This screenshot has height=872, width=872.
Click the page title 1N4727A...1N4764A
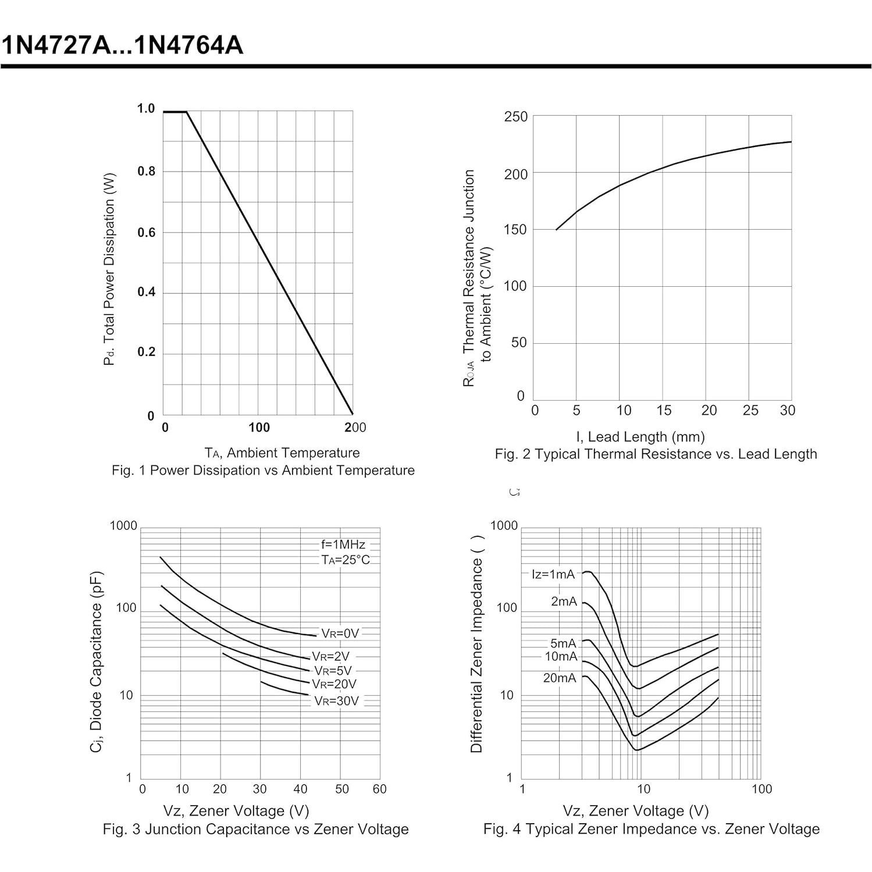122,45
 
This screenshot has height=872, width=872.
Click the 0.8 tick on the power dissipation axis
147,171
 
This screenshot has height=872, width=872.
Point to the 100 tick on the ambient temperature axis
259,428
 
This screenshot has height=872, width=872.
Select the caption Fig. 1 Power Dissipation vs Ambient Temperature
263,470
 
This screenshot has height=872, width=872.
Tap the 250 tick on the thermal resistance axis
516,117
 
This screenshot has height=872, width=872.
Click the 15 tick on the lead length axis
664,411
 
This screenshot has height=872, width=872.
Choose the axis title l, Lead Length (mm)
640,436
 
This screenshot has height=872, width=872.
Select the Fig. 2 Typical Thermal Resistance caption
656,454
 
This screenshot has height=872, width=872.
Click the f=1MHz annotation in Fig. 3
343,544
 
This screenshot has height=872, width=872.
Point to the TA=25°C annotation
346,560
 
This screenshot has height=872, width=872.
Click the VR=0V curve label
340,633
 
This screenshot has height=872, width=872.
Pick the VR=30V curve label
337,701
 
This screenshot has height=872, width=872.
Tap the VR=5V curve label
333,671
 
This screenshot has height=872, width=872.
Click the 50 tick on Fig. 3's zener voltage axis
341,789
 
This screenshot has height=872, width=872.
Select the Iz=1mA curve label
553,575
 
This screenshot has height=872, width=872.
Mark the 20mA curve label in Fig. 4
560,678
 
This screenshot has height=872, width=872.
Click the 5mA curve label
563,643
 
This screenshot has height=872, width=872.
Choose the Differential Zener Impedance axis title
477,645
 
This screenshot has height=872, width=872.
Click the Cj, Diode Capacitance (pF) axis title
97,661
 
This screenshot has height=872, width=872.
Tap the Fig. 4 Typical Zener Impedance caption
651,829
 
